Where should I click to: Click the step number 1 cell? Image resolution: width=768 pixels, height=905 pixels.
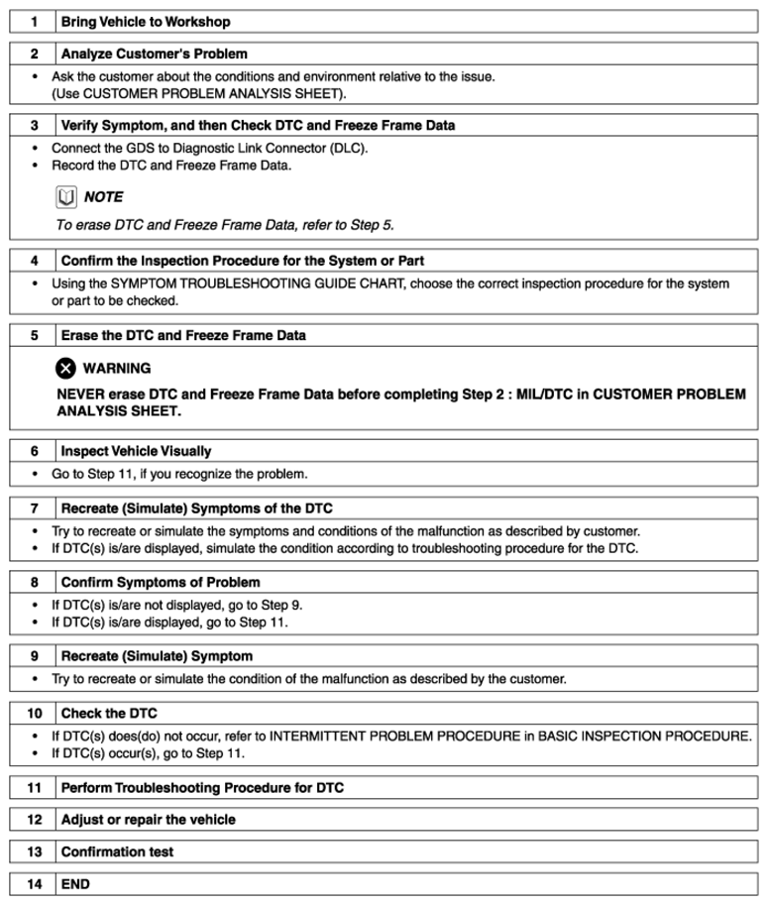(x=34, y=22)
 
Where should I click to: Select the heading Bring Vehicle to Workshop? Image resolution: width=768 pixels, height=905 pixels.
(x=146, y=22)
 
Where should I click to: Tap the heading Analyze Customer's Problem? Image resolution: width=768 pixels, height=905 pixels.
(x=155, y=55)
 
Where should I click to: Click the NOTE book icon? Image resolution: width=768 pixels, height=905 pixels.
(x=65, y=197)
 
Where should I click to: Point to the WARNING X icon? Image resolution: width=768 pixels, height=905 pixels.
(x=65, y=369)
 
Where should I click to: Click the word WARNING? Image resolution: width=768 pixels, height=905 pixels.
(x=117, y=369)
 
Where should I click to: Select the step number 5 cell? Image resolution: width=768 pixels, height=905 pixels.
(x=34, y=336)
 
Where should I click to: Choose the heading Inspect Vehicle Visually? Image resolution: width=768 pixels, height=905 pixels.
(x=136, y=451)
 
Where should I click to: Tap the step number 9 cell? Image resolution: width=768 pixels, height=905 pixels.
(x=34, y=656)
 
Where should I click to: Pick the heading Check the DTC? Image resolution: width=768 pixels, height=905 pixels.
(x=109, y=714)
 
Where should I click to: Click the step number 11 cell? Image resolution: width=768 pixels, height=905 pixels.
(x=34, y=788)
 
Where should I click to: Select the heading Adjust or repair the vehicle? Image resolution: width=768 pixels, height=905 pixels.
(x=149, y=820)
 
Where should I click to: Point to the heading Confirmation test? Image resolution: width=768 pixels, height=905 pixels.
(x=117, y=851)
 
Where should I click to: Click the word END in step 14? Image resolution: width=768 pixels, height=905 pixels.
(x=75, y=883)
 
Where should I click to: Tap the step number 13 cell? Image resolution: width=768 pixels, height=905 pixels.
(x=34, y=851)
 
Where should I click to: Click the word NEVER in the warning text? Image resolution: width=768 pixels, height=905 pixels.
(x=81, y=395)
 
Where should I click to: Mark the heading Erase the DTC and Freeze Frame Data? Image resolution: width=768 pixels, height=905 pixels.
(x=183, y=336)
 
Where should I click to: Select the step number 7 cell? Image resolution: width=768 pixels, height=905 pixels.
(x=34, y=508)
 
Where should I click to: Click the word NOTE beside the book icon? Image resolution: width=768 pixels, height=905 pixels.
(x=104, y=197)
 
